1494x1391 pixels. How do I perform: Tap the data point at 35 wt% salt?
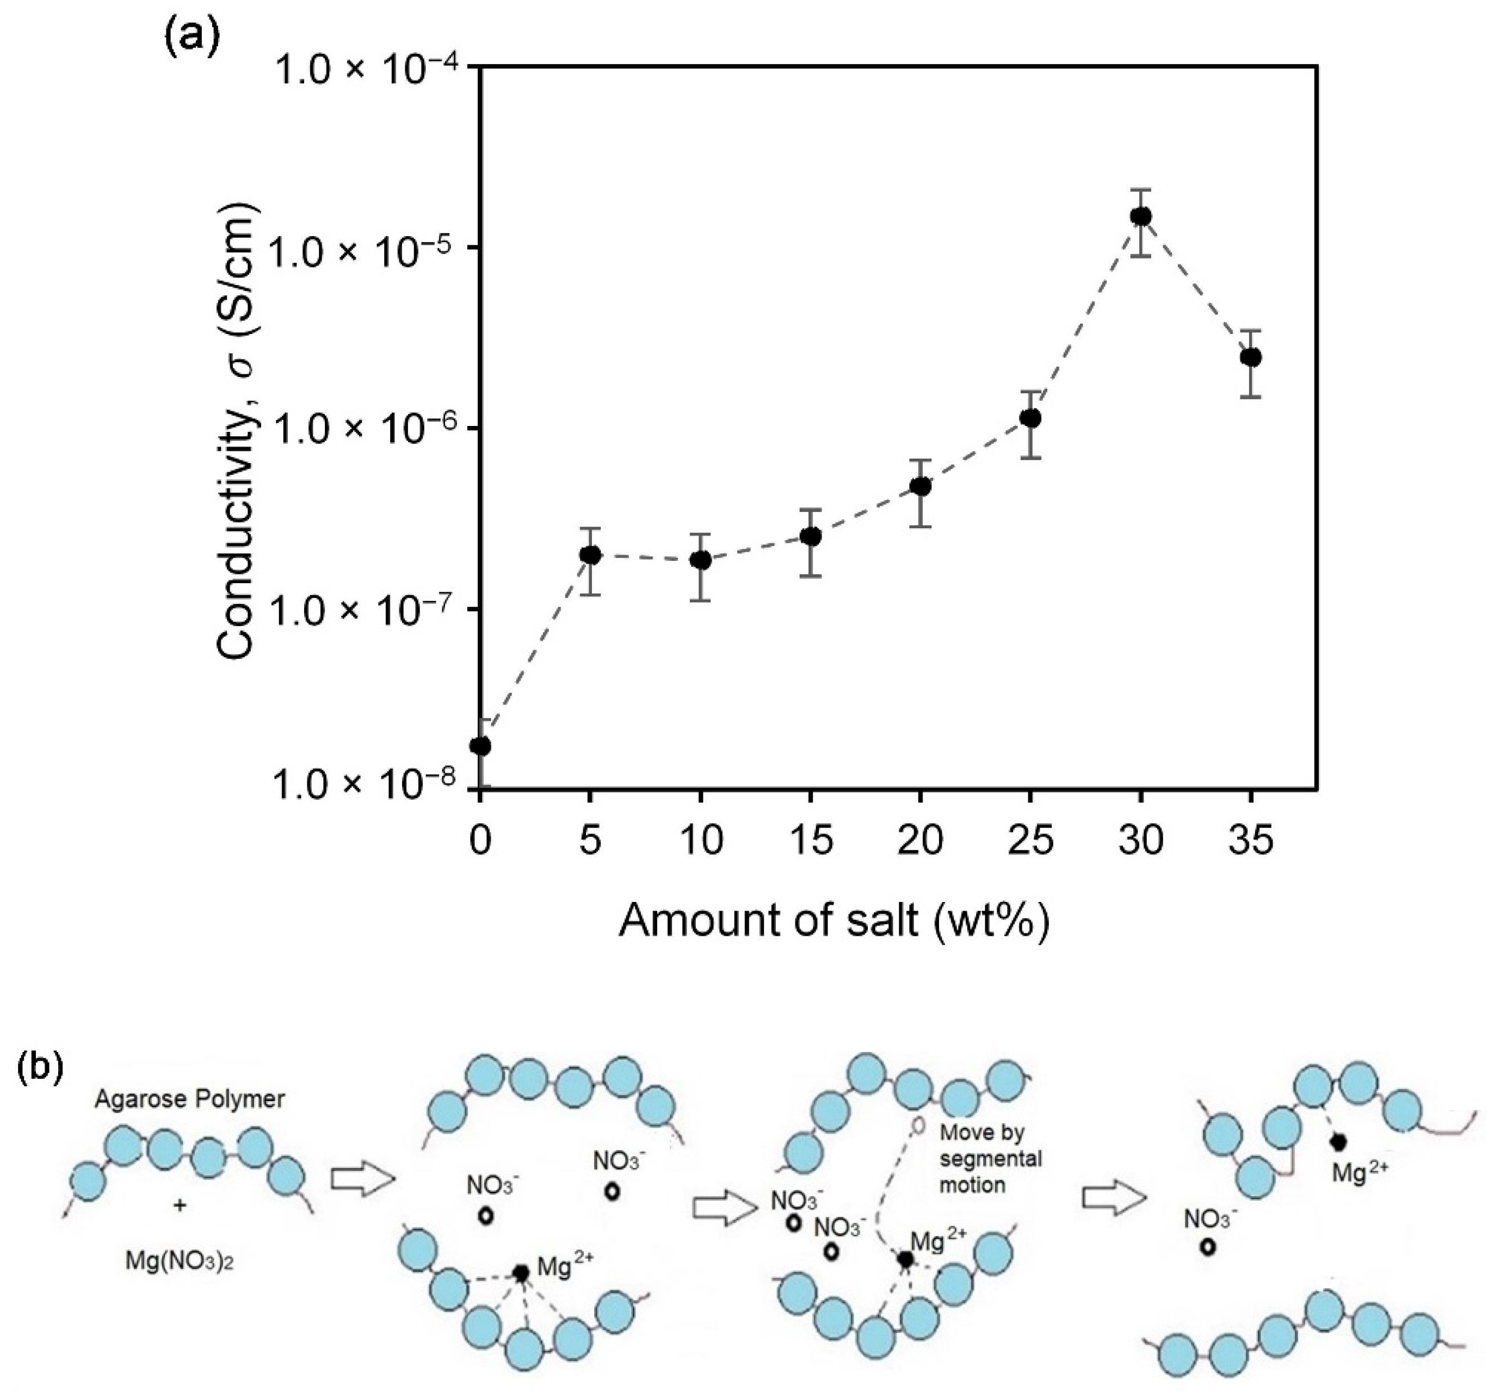coord(1250,357)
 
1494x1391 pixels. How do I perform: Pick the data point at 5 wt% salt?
coord(591,554)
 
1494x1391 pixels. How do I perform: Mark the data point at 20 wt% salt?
coord(921,486)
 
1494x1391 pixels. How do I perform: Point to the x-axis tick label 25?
coord(1030,840)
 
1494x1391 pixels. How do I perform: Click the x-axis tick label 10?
coord(700,840)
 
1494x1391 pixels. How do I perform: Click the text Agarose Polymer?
coord(189,1099)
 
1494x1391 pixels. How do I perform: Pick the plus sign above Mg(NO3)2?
coord(180,1205)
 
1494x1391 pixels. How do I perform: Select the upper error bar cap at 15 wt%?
coord(810,510)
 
